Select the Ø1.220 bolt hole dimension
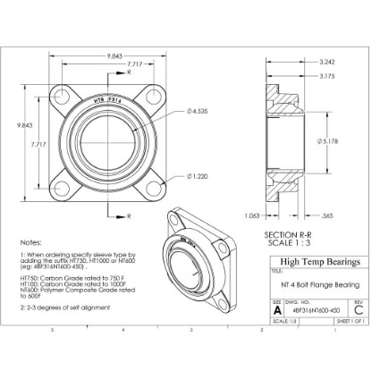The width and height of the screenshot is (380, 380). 199,176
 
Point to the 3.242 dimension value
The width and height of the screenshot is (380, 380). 327,62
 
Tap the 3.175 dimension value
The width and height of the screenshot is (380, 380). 327,77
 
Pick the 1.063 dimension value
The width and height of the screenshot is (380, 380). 254,215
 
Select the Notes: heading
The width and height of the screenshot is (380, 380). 30,242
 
